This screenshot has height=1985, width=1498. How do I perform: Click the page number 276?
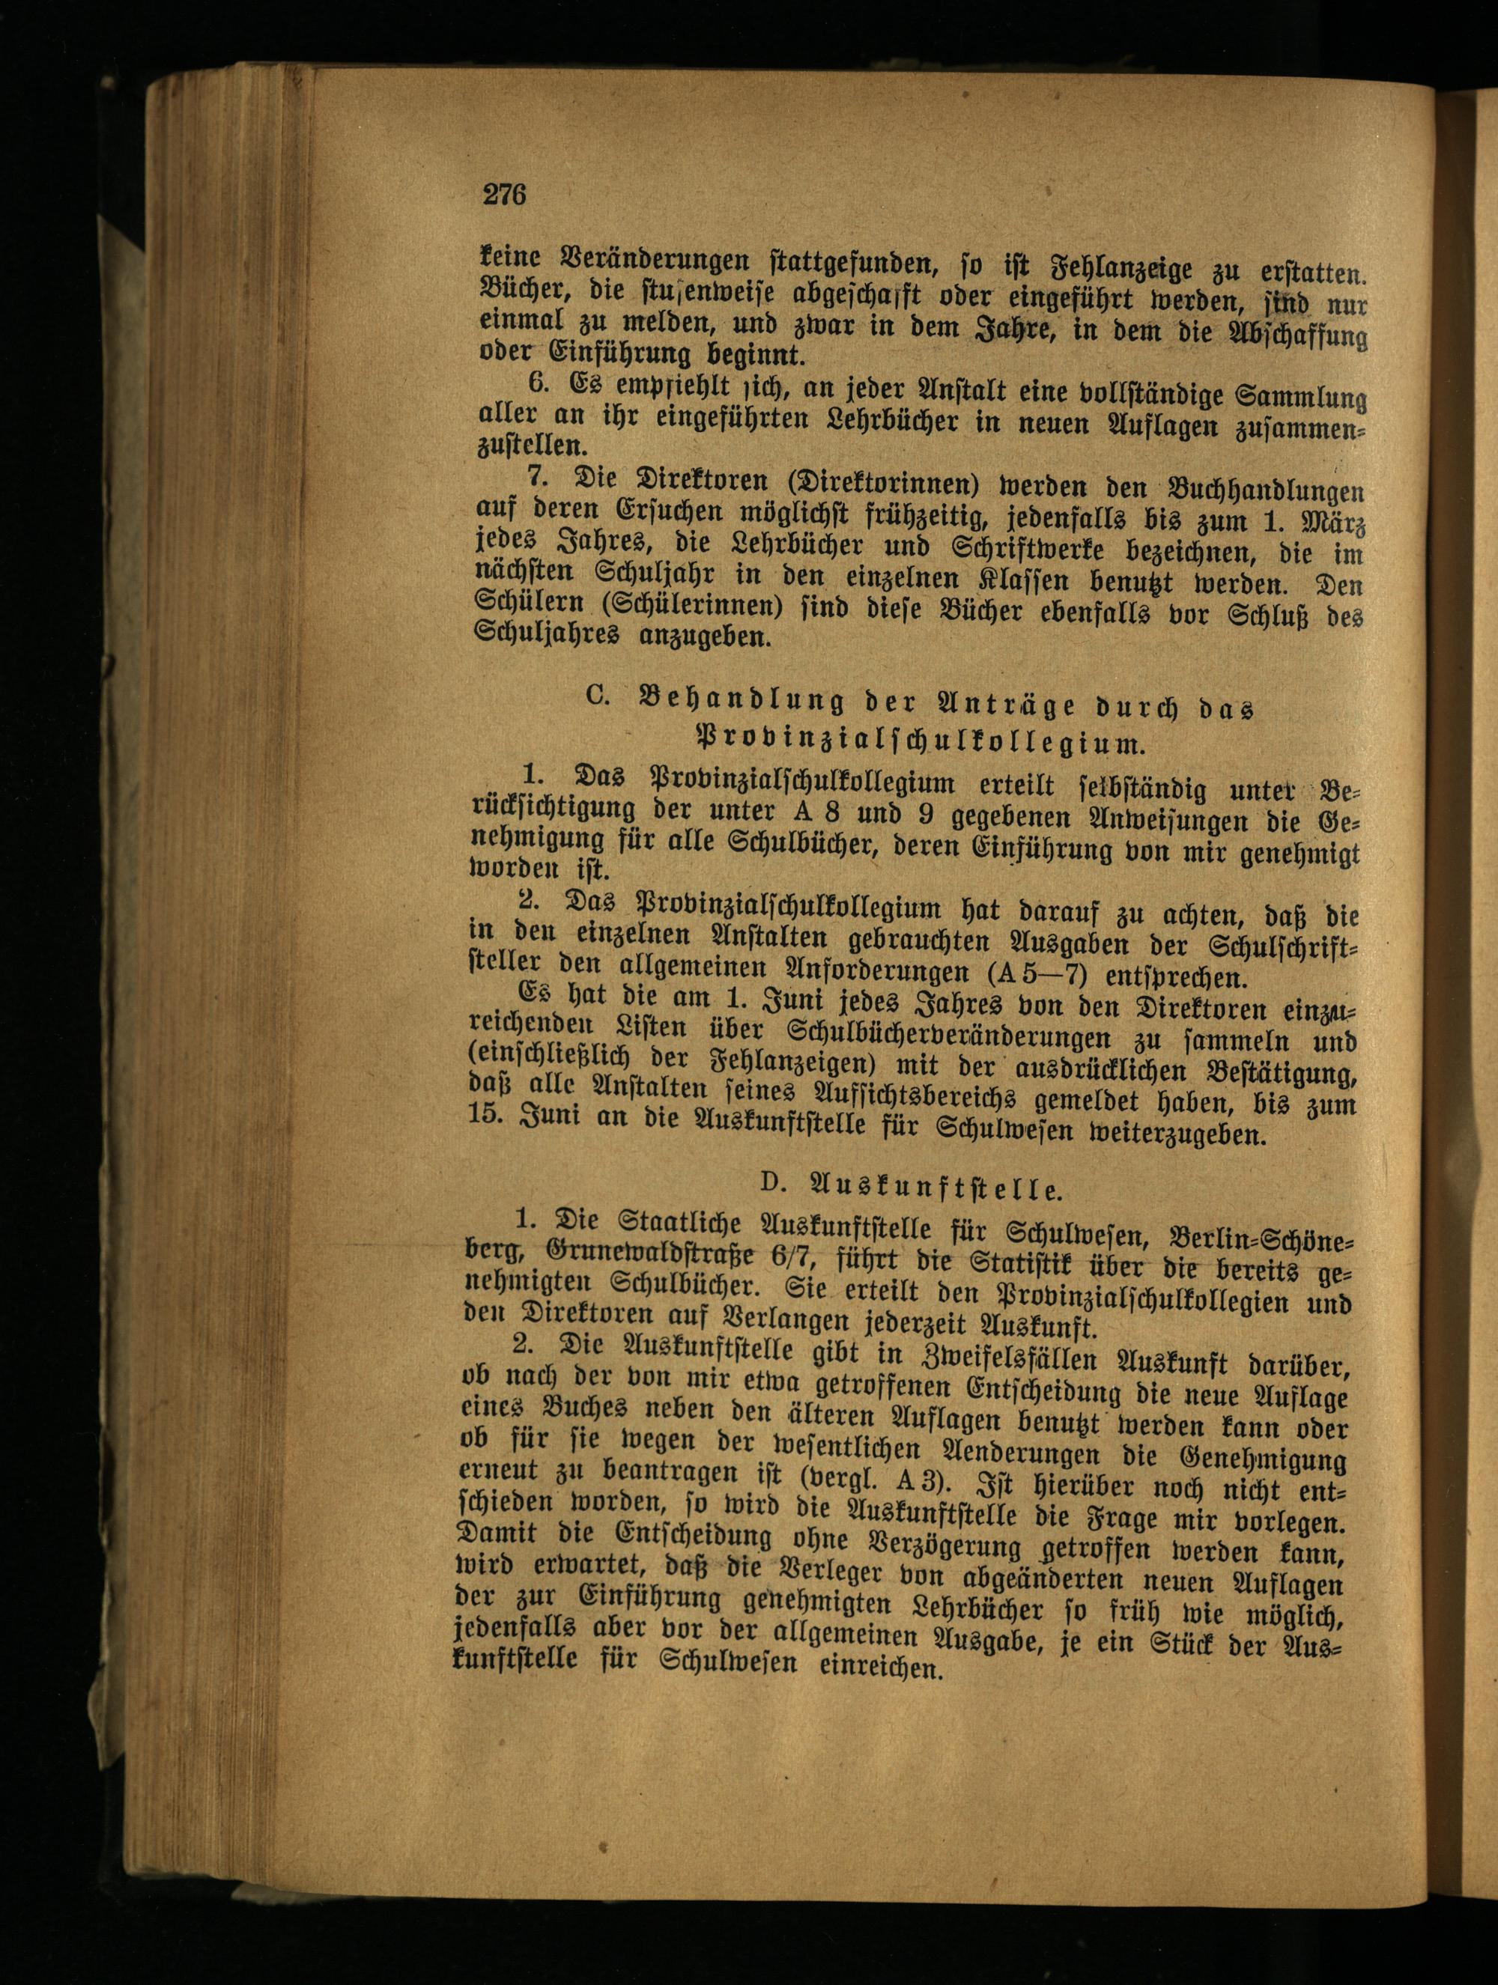pyautogui.click(x=503, y=194)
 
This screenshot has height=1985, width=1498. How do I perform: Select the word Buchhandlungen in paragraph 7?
pyautogui.click(x=1267, y=493)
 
